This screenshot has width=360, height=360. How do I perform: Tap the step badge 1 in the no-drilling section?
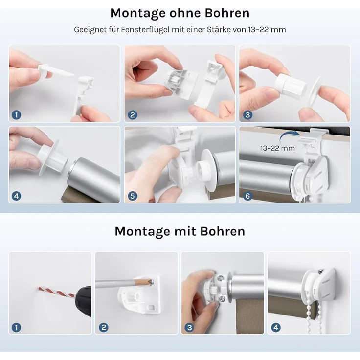[x=16, y=115]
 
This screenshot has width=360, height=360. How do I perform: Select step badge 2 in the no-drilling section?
[x=133, y=115]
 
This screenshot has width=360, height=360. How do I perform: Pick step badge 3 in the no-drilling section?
[x=247, y=115]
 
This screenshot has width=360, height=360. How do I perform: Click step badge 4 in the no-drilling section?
[x=16, y=196]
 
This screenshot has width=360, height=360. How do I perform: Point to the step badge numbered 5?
[x=133, y=196]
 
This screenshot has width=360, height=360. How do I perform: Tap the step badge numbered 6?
[x=247, y=196]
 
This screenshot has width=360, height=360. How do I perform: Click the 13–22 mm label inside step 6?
[x=277, y=148]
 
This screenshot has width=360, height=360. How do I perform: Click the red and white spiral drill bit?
[x=56, y=292]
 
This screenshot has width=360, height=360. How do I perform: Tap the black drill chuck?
[x=83, y=298]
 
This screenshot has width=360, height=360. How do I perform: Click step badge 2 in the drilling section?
[x=104, y=327]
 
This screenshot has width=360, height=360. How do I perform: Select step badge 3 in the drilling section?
[x=189, y=327]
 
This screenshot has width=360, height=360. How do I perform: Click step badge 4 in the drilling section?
[x=276, y=327]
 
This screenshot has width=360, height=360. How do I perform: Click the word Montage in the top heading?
[x=137, y=14]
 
